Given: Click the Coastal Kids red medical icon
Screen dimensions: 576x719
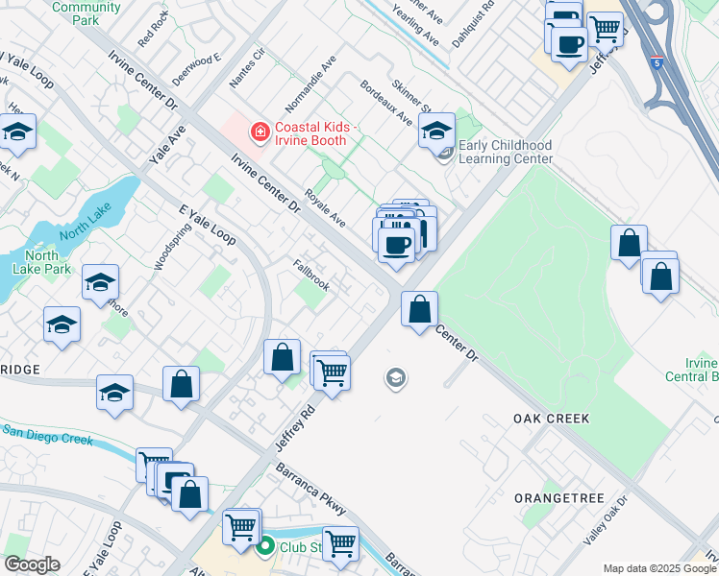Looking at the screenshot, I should pos(259,132).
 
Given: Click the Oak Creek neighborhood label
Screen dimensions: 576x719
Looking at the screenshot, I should pos(551,419).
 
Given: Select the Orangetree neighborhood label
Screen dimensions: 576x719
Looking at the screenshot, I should pos(558,498).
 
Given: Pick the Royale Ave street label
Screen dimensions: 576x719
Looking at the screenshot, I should pos(325,206).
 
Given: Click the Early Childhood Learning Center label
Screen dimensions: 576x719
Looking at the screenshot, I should pos(505,152).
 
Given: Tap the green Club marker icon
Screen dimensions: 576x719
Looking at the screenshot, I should pos(266,546).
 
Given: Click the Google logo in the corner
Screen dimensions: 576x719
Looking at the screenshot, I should pos(32,565).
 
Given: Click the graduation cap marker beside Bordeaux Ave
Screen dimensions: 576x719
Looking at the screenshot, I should pos(436,131).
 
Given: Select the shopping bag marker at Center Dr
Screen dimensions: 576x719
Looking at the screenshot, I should pos(419,309).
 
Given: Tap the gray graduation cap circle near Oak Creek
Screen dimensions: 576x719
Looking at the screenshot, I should pos(394,379).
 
